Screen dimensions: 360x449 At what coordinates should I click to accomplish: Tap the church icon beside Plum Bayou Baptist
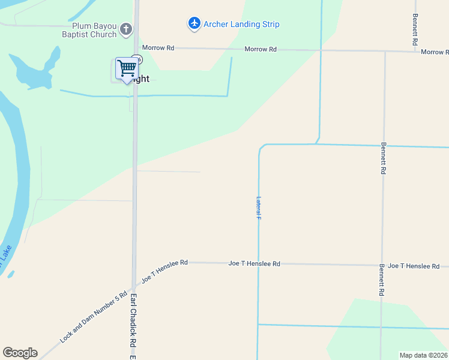pyautogui.click(x=126, y=28)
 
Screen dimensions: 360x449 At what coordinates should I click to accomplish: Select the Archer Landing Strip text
pyautogui.click(x=241, y=24)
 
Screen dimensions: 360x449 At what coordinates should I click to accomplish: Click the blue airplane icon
pyautogui.click(x=194, y=23)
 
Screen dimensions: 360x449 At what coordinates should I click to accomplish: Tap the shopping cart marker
pyautogui.click(x=127, y=69)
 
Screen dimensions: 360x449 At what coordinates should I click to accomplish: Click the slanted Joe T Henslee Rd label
pyautogui.click(x=164, y=271)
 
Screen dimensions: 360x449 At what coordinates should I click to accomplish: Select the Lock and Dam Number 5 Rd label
pyautogui.click(x=94, y=317)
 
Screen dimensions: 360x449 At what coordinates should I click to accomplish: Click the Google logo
pyautogui.click(x=20, y=353)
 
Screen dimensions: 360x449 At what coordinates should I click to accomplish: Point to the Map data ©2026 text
pyautogui.click(x=423, y=355)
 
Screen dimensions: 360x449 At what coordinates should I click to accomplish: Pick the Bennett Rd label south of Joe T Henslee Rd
pyautogui.click(x=382, y=281)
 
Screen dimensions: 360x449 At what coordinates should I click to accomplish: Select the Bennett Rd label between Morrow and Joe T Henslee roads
pyautogui.click(x=383, y=158)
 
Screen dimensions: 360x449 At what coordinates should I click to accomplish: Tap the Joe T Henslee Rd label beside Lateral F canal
pyautogui.click(x=254, y=263)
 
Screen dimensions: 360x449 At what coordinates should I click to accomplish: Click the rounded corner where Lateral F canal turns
pyautogui.click(x=261, y=147)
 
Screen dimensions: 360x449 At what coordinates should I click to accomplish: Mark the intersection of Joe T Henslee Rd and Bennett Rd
pyautogui.click(x=382, y=265)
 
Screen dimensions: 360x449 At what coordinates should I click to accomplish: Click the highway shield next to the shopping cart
pyautogui.click(x=138, y=59)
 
